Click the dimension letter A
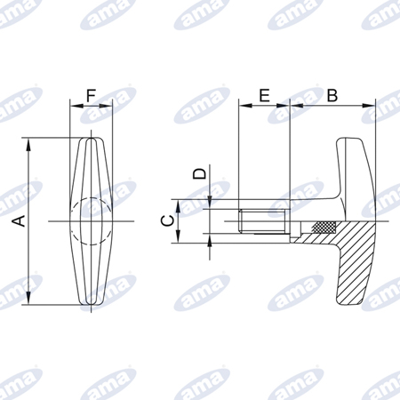coord(20,221)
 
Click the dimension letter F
coord(92,96)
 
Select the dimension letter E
coord(264,95)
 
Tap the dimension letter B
coord(332,95)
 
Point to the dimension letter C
coord(168,221)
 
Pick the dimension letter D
coord(199,173)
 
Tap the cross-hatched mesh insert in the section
coord(324,227)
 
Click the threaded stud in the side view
coord(262,221)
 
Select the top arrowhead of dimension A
coord(28,145)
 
